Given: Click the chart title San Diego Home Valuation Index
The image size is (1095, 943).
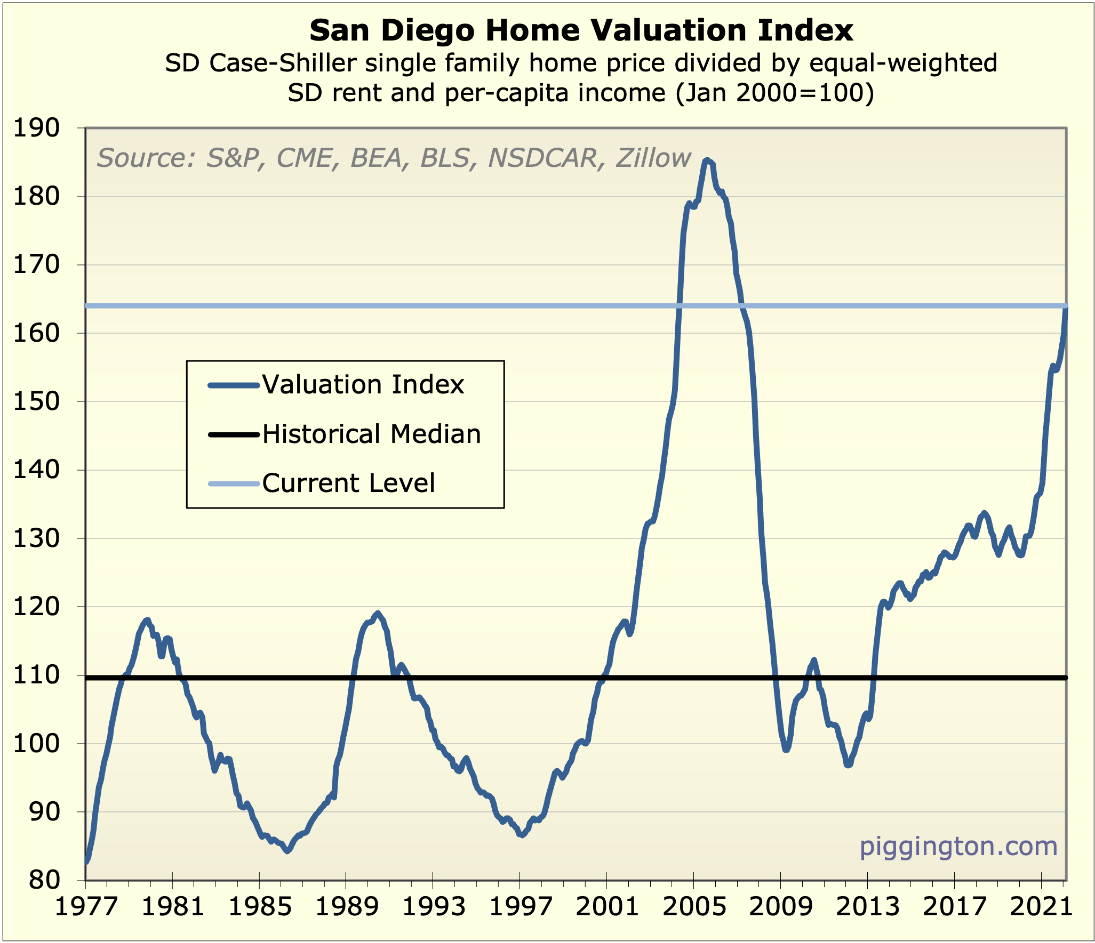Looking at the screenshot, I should [x=581, y=30].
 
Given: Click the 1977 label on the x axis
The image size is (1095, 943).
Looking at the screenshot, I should [x=86, y=907].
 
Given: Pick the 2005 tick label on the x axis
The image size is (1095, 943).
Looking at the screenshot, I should [x=694, y=907].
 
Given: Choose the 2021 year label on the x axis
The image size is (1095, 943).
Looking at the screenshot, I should [x=1041, y=907].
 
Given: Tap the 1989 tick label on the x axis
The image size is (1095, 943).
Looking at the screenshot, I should [x=346, y=907].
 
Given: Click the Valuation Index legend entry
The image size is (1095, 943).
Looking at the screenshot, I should [x=363, y=385].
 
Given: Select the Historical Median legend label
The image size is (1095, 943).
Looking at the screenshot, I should [x=371, y=434].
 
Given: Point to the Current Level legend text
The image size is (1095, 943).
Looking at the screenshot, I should [x=348, y=483].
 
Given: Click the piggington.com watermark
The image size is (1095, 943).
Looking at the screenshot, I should [x=958, y=847].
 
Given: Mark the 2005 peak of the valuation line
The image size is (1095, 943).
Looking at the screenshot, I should [x=707, y=159].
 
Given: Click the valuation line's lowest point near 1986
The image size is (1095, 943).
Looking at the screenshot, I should [x=287, y=851].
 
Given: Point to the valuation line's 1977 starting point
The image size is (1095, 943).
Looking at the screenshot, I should [x=87, y=860].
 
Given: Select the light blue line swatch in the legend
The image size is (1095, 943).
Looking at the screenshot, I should [x=234, y=483].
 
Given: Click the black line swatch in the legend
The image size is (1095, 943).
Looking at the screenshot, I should [x=234, y=435].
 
